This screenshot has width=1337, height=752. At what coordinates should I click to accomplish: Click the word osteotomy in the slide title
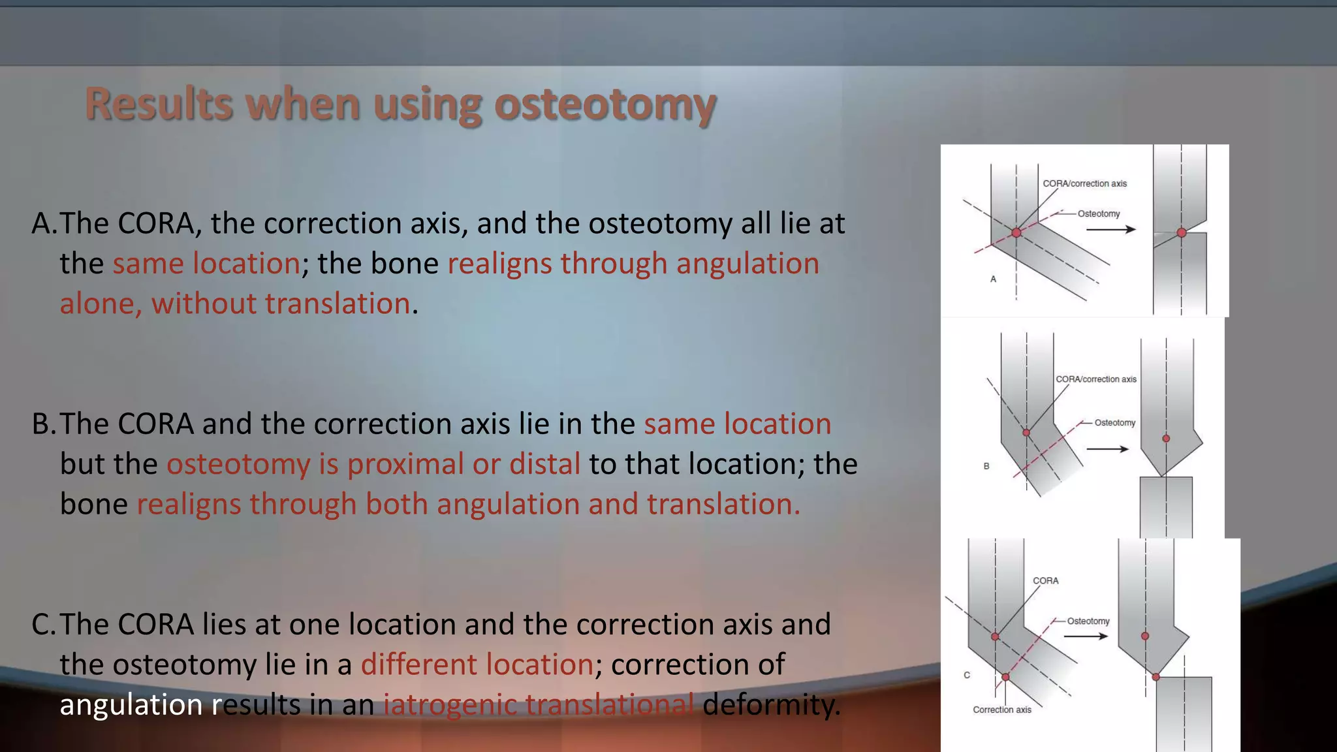click(x=605, y=104)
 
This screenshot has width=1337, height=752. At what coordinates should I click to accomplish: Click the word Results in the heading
click(x=159, y=104)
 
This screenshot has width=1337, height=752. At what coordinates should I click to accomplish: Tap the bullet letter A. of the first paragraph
click(x=44, y=224)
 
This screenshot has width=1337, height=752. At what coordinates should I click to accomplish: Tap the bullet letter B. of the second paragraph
click(x=44, y=424)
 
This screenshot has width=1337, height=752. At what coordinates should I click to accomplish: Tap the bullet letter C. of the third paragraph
click(x=44, y=625)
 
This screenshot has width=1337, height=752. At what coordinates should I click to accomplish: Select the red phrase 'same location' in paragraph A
click(x=206, y=264)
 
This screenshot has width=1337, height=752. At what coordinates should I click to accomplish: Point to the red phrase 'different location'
click(x=477, y=665)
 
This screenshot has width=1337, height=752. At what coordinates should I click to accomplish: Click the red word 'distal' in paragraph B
click(x=544, y=464)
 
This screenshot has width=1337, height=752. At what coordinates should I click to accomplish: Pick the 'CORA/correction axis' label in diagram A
click(x=1084, y=183)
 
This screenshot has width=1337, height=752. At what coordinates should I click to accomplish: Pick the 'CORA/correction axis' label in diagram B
click(x=1096, y=379)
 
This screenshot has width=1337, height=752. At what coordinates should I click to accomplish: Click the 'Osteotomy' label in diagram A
click(x=1099, y=213)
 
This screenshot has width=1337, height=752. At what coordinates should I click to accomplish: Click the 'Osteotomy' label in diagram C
click(x=1088, y=621)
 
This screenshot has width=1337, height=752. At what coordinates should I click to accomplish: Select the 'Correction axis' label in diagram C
click(x=1002, y=710)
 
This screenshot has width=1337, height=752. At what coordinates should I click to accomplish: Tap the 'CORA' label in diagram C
click(x=1045, y=580)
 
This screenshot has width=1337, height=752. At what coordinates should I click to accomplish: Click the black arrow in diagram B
click(x=1107, y=449)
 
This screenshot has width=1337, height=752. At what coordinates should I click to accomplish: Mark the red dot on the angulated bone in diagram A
click(x=1016, y=233)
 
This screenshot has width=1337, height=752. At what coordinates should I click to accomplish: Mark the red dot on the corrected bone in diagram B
click(x=1166, y=439)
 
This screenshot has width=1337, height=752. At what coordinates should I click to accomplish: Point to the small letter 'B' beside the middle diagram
click(x=986, y=466)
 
